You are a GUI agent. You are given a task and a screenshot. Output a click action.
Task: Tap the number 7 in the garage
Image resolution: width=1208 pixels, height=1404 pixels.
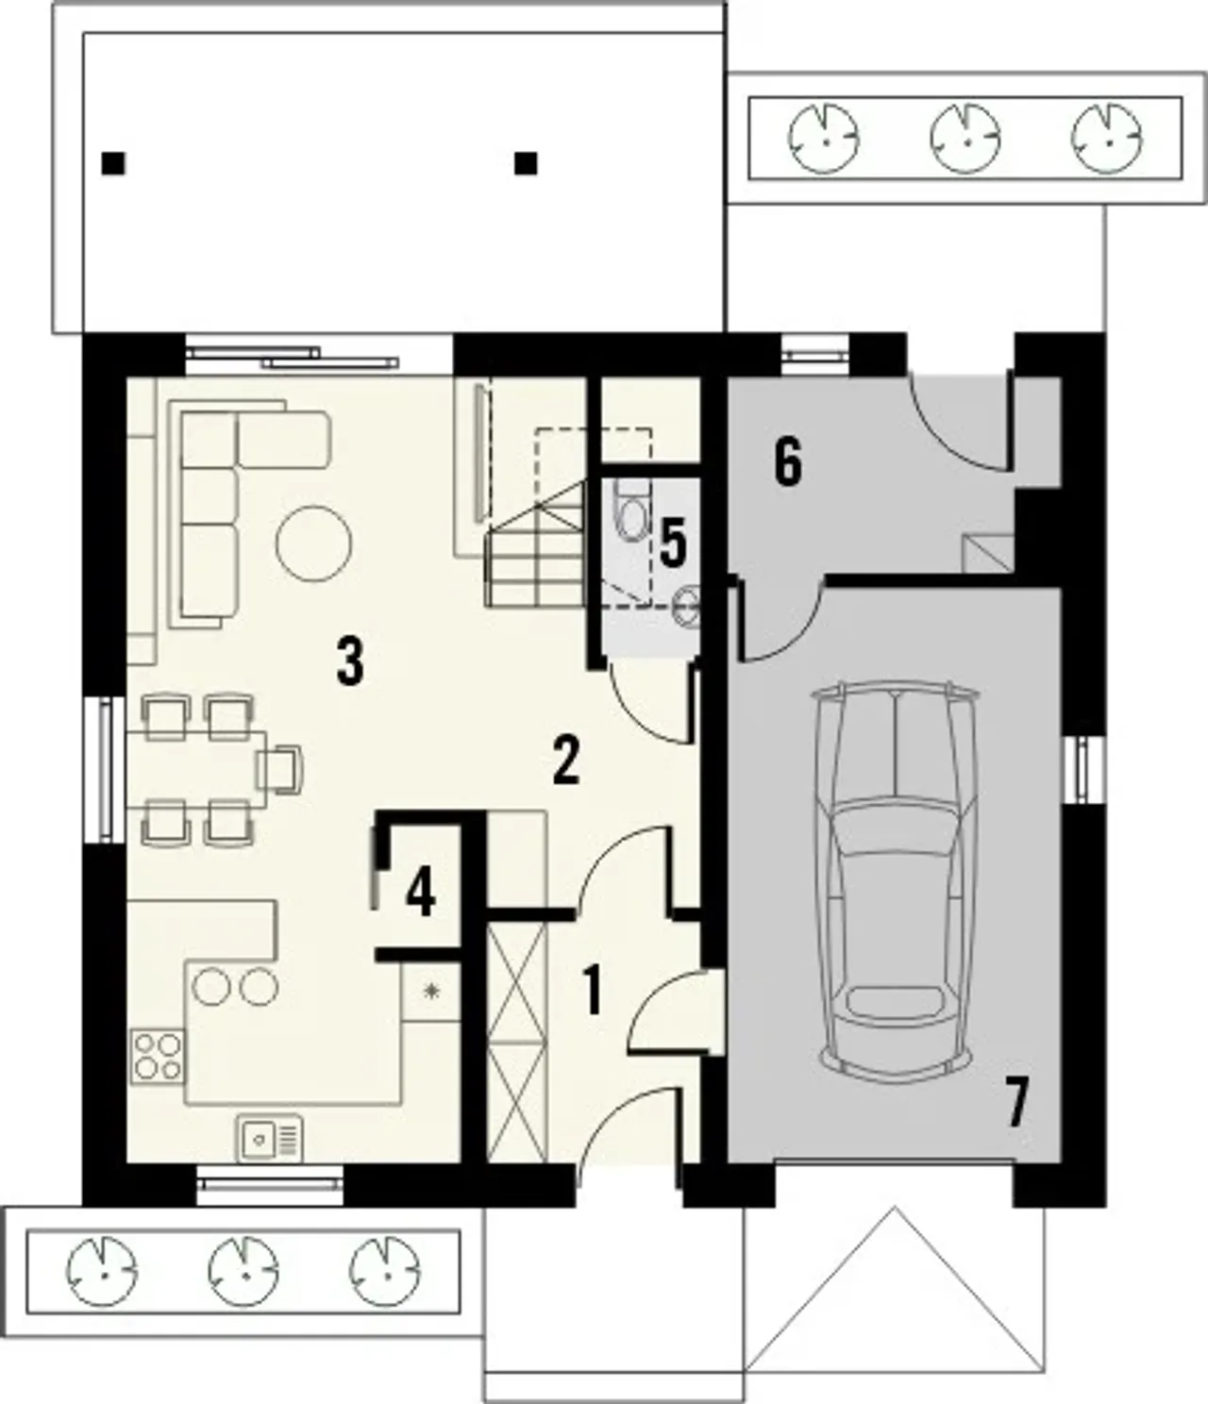coord(1015,1106)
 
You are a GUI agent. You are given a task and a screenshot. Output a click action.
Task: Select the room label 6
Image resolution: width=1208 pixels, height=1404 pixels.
coord(788,463)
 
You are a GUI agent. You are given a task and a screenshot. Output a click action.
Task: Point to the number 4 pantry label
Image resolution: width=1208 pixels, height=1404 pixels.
coord(421,894)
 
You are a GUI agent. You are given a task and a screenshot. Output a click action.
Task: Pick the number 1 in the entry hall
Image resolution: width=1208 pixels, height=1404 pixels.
coord(593,993)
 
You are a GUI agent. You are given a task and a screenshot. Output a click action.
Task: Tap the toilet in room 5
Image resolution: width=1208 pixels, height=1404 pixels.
coord(632,510)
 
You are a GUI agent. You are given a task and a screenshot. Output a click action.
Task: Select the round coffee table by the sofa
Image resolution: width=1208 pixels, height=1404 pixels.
coord(314,543)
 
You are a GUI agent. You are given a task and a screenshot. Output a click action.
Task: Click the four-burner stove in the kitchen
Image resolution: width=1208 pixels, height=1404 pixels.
coord(158,1057)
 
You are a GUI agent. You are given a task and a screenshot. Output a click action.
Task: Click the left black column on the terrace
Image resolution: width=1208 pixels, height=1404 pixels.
coord(113,163)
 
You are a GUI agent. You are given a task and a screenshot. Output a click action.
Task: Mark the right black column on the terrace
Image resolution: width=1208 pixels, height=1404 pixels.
coord(526,163)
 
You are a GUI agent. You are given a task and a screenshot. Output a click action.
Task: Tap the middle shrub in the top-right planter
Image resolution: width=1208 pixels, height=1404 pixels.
coord(965,139)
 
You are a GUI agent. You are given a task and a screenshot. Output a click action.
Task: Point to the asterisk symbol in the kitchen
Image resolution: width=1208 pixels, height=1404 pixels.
coord(430,992)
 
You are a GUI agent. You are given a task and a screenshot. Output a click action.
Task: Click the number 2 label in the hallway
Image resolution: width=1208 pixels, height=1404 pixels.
coord(566,760)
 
